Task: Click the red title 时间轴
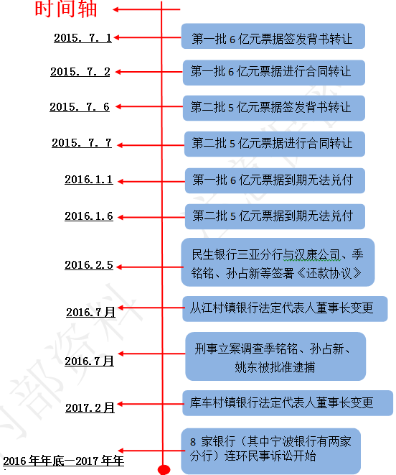pyautogui.click(x=66, y=9)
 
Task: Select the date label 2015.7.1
pyautogui.click(x=83, y=38)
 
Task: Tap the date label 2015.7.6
pyautogui.click(x=80, y=106)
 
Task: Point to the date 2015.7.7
pyautogui.click(x=82, y=143)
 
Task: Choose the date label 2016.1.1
pyautogui.click(x=89, y=180)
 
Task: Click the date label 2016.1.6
pyautogui.click(x=89, y=216)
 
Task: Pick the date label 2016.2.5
pyautogui.click(x=89, y=265)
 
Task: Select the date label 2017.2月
pyautogui.click(x=90, y=407)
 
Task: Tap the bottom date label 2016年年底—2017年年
pyautogui.click(x=64, y=461)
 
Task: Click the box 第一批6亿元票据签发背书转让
pyautogui.click(x=273, y=36)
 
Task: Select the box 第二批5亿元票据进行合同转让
pyautogui.click(x=275, y=144)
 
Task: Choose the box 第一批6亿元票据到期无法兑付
pyautogui.click(x=275, y=180)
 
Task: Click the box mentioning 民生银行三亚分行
pyautogui.click(x=278, y=262)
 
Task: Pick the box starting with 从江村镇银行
pyautogui.click(x=285, y=309)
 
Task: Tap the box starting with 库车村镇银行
pyautogui.click(x=288, y=403)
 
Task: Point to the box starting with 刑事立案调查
pyautogui.click(x=275, y=356)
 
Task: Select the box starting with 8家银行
pyautogui.click(x=270, y=451)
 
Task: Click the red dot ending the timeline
pyautogui.click(x=164, y=469)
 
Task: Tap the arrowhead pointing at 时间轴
pyautogui.click(x=115, y=9)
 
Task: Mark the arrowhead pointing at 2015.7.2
pyautogui.click(x=118, y=72)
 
